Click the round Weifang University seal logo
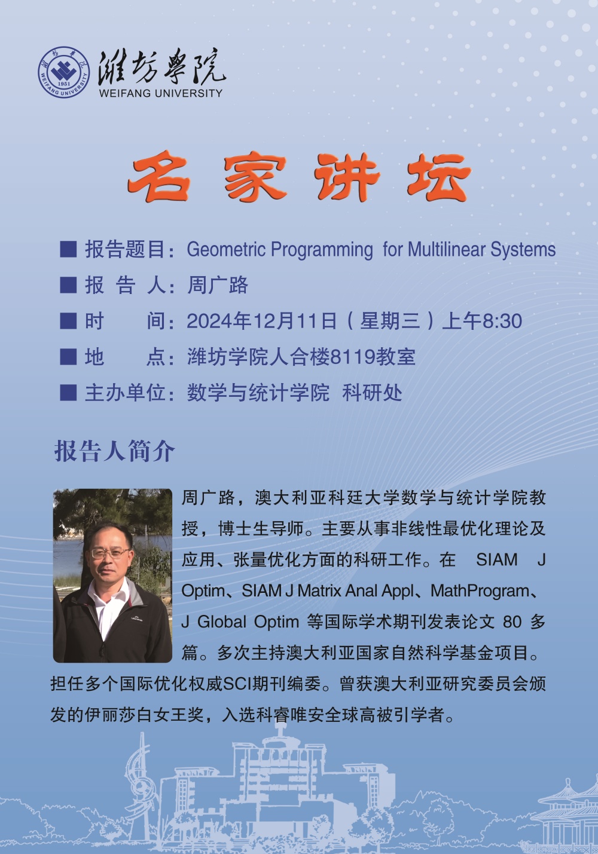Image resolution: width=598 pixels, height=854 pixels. tap(64, 72)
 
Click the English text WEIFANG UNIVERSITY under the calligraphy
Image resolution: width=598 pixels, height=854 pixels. tap(160, 93)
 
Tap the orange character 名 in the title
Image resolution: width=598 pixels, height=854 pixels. tap(158, 176)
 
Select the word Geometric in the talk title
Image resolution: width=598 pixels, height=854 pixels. tap(226, 250)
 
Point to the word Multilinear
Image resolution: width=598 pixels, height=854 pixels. tap(447, 249)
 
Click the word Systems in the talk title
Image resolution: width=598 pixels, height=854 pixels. tap(523, 250)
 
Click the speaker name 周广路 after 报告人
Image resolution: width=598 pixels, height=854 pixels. tap(218, 285)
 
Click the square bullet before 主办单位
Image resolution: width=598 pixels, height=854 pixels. tap(68, 393)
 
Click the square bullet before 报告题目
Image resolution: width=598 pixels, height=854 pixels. tap(68, 249)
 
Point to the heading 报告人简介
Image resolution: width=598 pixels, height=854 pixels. tap(114, 451)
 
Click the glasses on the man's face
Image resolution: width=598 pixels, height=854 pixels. tap(109, 553)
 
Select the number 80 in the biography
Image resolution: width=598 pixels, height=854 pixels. tap(512, 622)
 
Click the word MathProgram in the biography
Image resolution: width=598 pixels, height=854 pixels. tap(480, 591)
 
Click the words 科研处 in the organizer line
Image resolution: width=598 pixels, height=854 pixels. tap(372, 393)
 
